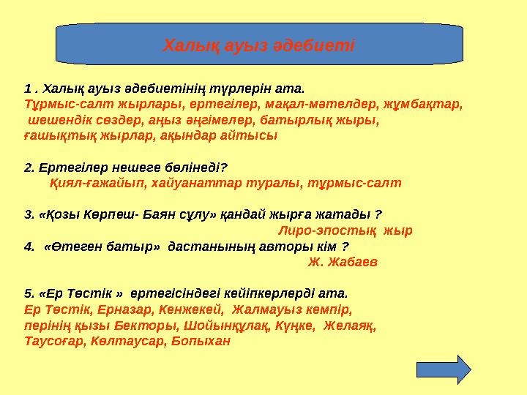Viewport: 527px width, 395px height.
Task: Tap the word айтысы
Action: [x=251, y=136]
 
